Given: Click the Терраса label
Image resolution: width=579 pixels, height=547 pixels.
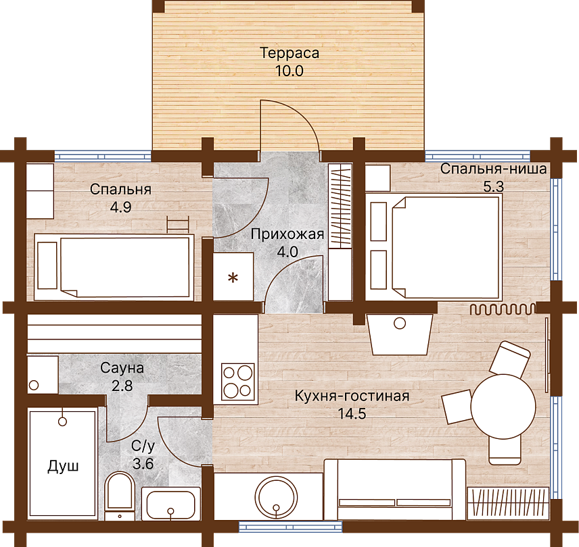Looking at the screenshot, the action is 289,53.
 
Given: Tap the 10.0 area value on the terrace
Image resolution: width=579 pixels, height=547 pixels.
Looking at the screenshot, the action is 289,71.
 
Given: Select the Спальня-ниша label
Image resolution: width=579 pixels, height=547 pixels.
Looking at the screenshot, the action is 493,169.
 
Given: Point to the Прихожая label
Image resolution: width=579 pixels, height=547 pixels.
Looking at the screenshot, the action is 287,234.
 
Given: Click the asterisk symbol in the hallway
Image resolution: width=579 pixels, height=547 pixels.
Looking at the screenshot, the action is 233,278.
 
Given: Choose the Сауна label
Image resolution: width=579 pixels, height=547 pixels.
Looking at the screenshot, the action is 122,368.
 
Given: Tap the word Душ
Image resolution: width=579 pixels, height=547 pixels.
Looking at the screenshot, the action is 63,467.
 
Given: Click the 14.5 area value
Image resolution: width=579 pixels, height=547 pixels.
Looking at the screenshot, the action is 352,413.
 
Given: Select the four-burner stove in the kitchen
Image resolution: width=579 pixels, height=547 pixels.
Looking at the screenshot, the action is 238,382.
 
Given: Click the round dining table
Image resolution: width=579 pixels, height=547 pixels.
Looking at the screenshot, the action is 503,406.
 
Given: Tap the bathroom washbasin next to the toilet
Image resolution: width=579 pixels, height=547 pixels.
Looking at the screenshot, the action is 170,504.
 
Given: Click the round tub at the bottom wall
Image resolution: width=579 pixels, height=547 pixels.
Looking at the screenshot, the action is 276,496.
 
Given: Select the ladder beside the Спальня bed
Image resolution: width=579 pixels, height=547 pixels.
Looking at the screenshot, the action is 178,224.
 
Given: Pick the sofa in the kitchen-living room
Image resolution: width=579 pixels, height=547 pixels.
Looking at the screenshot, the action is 395,490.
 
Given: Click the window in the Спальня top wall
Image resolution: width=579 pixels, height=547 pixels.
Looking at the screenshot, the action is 103,156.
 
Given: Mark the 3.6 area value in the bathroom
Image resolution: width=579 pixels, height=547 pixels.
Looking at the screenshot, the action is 143,464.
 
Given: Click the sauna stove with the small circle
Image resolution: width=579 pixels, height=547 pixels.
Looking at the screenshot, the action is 43,375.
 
